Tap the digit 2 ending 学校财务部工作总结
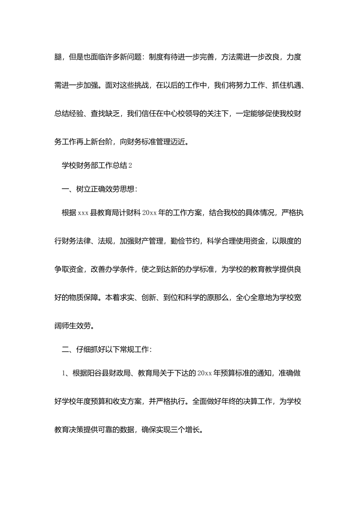pos(130,166)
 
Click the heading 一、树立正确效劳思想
pos(98,189)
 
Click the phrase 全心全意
pos(250,298)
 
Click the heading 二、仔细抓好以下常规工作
pos(106,350)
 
